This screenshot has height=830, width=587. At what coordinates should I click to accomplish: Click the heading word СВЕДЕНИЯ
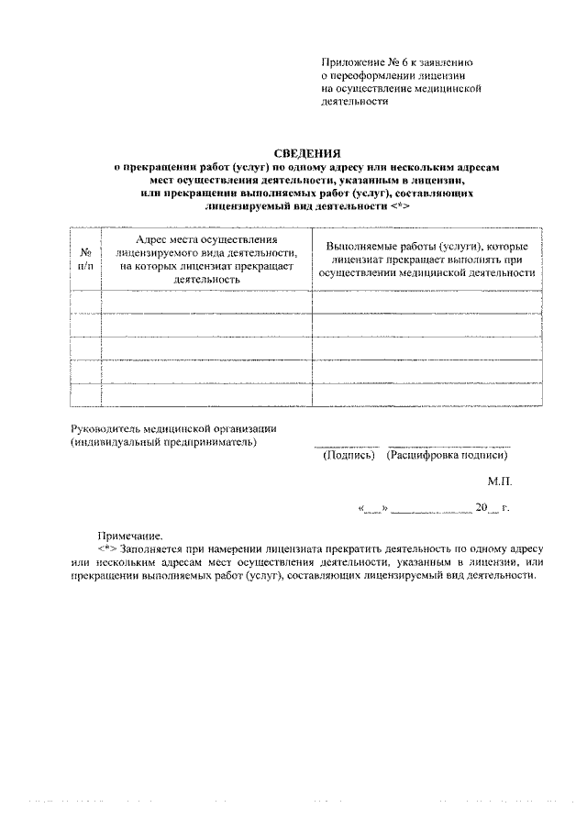point(308,154)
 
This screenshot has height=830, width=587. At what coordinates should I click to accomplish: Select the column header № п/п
point(84,259)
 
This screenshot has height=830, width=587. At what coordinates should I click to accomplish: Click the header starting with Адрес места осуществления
point(206,259)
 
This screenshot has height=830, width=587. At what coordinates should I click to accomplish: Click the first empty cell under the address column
point(206,302)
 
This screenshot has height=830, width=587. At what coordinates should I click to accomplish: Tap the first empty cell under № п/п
point(85,302)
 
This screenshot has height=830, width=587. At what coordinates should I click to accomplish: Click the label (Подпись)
point(349,455)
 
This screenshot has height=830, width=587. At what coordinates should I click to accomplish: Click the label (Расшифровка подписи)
point(449,455)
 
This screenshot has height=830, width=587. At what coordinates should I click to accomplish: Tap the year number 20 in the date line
point(482,506)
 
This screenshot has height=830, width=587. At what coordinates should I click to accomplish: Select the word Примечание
point(130,536)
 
